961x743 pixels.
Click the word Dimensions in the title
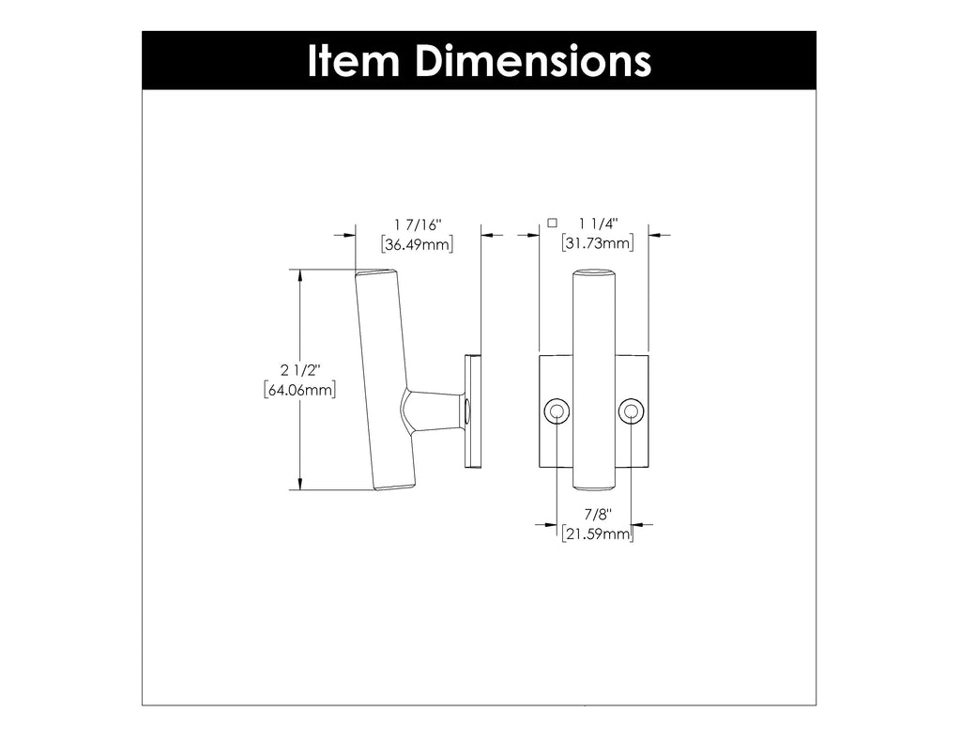click(531, 61)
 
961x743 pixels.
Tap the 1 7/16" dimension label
click(418, 224)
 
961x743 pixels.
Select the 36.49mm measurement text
click(418, 244)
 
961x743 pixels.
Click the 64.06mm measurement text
click(299, 390)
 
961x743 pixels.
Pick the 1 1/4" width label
click(597, 224)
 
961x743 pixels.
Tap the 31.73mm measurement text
click(597, 244)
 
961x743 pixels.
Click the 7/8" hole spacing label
click(597, 515)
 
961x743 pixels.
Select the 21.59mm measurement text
click(597, 534)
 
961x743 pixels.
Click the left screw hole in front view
click(557, 411)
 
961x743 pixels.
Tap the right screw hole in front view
click(630, 411)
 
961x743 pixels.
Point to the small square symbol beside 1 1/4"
click(552, 223)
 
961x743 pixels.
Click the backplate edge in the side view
click(473, 410)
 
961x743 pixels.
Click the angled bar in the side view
click(385, 376)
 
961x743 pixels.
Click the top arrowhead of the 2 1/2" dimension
click(300, 275)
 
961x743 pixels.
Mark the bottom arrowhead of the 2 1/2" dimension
click(300, 483)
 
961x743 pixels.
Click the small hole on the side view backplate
click(465, 410)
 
